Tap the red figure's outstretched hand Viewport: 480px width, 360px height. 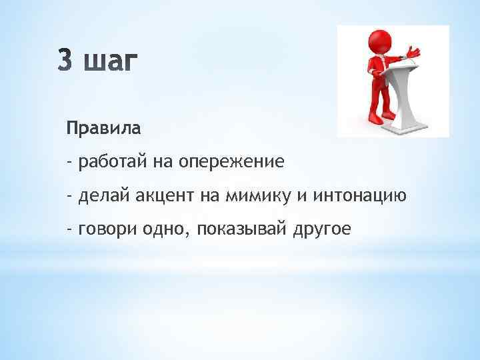click(x=414, y=52)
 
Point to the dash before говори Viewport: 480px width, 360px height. click(x=69, y=229)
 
